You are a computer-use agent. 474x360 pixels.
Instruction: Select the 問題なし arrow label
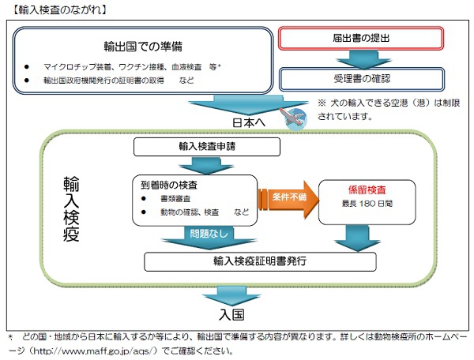click(209, 234)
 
